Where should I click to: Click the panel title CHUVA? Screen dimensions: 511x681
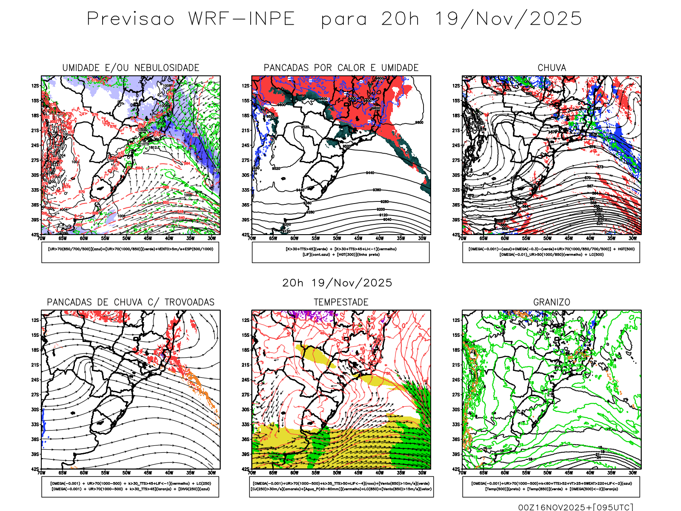(x=552, y=68)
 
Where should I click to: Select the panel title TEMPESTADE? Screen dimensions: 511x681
(x=341, y=302)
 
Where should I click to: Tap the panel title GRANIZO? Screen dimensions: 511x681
(x=552, y=302)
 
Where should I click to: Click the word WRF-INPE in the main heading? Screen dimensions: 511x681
(x=242, y=19)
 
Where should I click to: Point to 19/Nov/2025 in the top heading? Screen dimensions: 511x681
(x=508, y=19)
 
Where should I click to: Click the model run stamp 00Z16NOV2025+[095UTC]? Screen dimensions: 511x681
(x=575, y=507)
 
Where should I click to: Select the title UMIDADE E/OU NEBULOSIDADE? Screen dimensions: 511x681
(x=131, y=68)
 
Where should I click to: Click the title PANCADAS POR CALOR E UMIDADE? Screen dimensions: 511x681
(x=341, y=68)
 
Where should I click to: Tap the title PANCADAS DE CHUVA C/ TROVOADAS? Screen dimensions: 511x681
(x=131, y=302)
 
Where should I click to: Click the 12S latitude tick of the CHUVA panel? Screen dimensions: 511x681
(x=456, y=86)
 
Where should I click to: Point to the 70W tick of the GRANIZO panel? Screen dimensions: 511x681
(x=463, y=473)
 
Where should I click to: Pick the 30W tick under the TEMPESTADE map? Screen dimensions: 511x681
(x=422, y=473)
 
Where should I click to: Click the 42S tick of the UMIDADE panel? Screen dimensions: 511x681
(x=35, y=235)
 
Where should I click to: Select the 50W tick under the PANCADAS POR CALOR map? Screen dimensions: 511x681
(x=337, y=238)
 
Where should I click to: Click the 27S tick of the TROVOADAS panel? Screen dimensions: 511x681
(x=35, y=395)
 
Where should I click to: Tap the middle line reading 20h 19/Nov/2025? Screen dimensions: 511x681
(x=337, y=283)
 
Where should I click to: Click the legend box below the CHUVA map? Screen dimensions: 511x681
(x=551, y=252)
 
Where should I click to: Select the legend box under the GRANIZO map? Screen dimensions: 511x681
(x=551, y=486)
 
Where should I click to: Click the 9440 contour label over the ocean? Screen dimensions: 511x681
(x=370, y=173)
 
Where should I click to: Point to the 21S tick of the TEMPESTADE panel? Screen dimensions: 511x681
(x=246, y=365)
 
